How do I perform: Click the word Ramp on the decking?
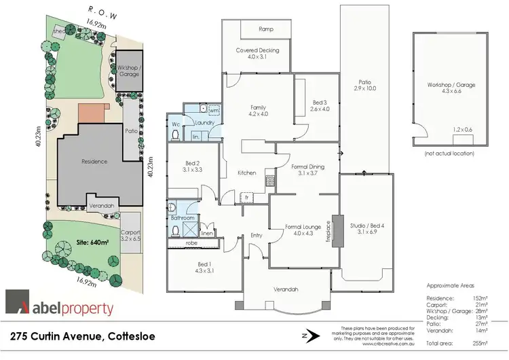pyautogui.click(x=266, y=29)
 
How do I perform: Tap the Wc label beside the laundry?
pyautogui.click(x=176, y=124)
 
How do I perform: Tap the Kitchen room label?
pyautogui.click(x=246, y=173)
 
